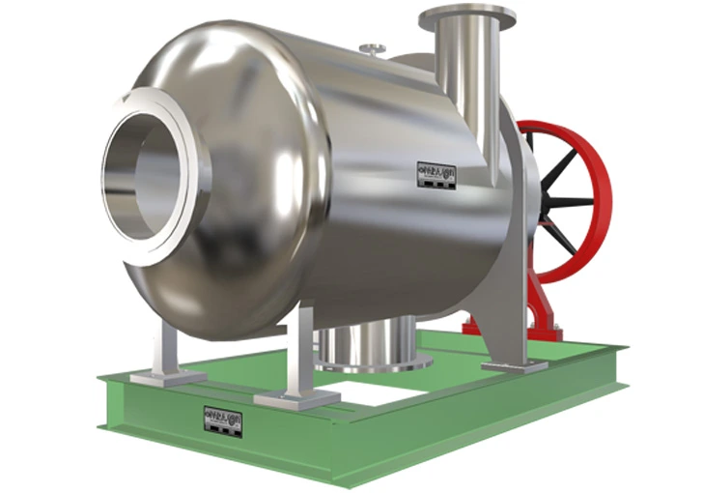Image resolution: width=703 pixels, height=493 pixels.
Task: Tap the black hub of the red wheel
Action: (547, 202)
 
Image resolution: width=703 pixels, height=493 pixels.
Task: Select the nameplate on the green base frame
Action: (223, 420)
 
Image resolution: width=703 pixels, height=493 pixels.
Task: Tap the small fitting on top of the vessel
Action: (372, 48)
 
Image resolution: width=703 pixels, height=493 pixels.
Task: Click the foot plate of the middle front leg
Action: (295, 396)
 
